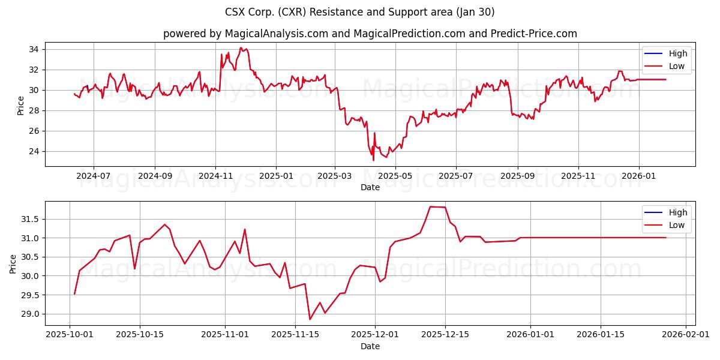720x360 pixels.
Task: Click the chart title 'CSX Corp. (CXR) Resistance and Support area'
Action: coord(360,12)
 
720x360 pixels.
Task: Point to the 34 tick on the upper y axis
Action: coord(34,49)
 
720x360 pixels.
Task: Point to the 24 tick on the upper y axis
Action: coord(34,151)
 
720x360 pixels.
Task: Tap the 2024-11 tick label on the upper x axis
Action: coord(215,176)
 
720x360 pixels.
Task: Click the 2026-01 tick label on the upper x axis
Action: coord(638,176)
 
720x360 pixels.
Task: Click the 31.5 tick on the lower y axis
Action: coord(30,220)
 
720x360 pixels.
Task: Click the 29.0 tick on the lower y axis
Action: coord(30,314)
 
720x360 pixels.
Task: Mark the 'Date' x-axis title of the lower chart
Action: coord(370,346)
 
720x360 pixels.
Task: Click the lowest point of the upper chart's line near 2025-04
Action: coord(373,160)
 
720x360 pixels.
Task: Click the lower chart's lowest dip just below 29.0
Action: coord(310,319)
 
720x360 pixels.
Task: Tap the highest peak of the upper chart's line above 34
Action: coord(241,48)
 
